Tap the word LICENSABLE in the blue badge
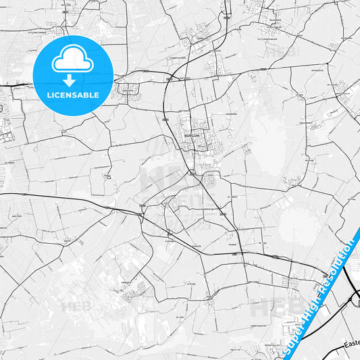point(72,95)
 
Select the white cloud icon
point(72,61)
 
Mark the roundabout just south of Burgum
point(192,174)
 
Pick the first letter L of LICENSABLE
point(48,95)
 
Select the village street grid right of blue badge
point(128,88)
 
